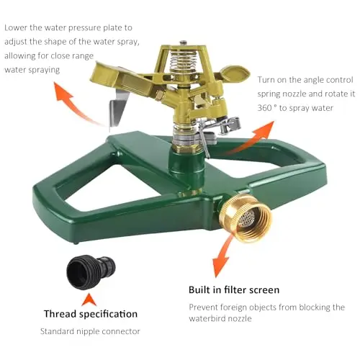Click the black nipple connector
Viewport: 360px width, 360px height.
(91, 272)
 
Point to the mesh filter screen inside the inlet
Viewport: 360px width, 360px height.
(248, 218)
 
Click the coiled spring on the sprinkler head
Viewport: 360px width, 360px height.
(183, 60)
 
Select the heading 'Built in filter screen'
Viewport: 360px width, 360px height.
(234, 290)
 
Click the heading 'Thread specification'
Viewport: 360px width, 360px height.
(91, 314)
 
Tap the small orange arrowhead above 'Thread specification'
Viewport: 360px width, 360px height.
(89, 300)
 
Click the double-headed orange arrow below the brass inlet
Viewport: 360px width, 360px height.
(222, 256)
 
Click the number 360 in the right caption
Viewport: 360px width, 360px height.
(264, 108)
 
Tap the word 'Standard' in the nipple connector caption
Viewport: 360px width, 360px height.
(57, 331)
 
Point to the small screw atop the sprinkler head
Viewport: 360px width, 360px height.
(184, 42)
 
